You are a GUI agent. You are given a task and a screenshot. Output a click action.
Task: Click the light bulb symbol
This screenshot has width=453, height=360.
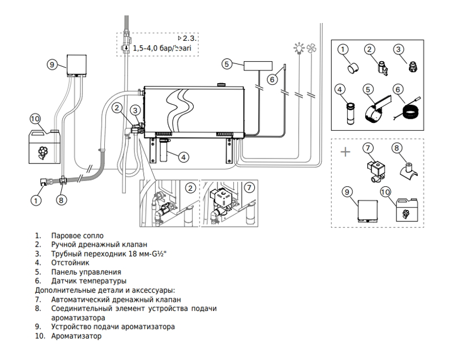pyautogui.click(x=299, y=48)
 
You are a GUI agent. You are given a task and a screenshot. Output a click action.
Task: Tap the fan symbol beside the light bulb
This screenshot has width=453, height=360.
pyautogui.click(x=311, y=49)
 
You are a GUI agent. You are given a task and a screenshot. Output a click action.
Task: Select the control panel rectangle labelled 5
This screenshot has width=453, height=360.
pyautogui.click(x=258, y=66)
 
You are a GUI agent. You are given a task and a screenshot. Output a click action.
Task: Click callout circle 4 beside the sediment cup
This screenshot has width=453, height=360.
pyautogui.click(x=183, y=157)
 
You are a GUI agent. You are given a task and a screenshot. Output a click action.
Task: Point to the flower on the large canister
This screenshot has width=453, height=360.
pyautogui.click(x=44, y=153)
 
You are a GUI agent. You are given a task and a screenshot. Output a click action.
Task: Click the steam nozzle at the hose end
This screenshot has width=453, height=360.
pyautogui.click(x=44, y=182)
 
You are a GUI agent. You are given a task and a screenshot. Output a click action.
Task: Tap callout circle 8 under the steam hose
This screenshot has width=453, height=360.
pyautogui.click(x=61, y=200)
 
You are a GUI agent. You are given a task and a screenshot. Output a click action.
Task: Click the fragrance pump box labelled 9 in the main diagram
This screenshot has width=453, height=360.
pyautogui.click(x=76, y=65)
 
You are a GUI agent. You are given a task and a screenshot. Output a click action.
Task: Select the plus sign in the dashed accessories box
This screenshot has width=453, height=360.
pyautogui.click(x=345, y=152)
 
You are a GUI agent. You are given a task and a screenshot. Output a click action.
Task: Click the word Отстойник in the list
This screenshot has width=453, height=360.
pyautogui.click(x=70, y=263)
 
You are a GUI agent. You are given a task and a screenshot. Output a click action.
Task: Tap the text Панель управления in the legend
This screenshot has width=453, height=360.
pyautogui.click(x=86, y=272)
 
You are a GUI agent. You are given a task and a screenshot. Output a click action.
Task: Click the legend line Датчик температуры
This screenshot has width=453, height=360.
pyautogui.click(x=89, y=281)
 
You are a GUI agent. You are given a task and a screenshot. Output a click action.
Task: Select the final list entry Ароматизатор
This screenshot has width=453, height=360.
pyautogui.click(x=76, y=336)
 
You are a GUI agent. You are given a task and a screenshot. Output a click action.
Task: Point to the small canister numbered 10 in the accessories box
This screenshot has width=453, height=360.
pyautogui.click(x=407, y=210)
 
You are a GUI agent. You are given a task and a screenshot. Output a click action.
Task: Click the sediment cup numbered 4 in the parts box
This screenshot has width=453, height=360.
pyautogui.click(x=351, y=113)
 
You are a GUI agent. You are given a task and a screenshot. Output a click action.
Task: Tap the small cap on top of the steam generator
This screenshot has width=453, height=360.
pyautogui.click(x=222, y=84)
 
